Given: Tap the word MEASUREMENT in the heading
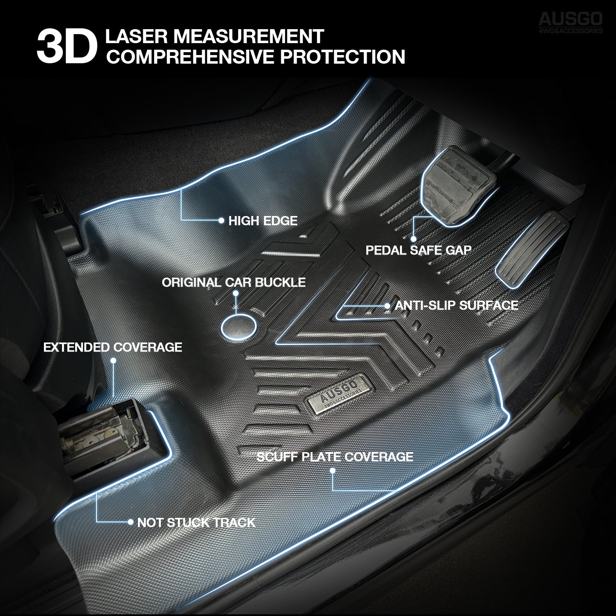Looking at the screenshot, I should click(249, 36).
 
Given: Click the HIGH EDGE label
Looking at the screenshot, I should click(263, 221).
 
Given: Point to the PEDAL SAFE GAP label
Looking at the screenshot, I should click(418, 250).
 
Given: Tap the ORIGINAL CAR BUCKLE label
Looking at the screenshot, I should click(234, 283).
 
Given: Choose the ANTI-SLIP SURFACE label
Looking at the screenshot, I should click(456, 305).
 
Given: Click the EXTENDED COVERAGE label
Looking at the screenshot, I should click(113, 347).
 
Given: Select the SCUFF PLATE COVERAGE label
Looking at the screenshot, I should click(335, 457).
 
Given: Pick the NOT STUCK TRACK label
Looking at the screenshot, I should click(196, 522).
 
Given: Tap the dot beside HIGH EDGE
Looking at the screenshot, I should click(221, 221).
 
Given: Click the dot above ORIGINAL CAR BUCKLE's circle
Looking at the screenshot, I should click(236, 293).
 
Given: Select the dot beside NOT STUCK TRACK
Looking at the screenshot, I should click(130, 522).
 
